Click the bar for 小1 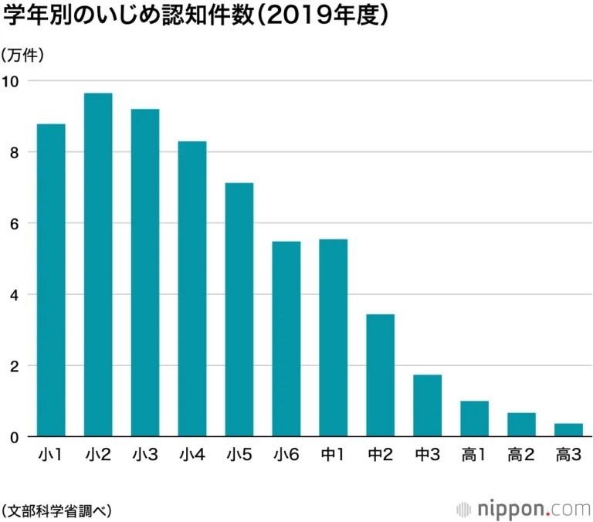pyautogui.click(x=51, y=280)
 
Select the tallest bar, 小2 pyautogui.click(x=98, y=265)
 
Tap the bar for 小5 pyautogui.click(x=239, y=310)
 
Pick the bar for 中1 pyautogui.click(x=333, y=338)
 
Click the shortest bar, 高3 pyautogui.click(x=568, y=430)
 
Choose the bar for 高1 pyautogui.click(x=474, y=419)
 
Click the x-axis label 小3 pyautogui.click(x=145, y=455)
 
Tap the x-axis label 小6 pyautogui.click(x=286, y=455)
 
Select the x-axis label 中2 pyautogui.click(x=381, y=455)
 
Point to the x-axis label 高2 pyautogui.click(x=521, y=455)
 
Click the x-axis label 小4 pyautogui.click(x=192, y=455)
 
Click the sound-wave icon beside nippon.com pyautogui.click(x=463, y=510)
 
